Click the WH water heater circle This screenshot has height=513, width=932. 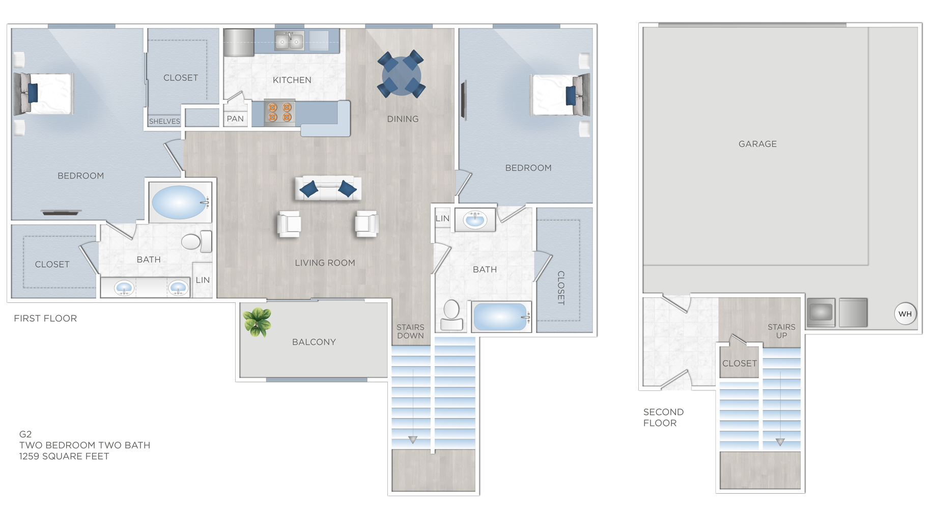[x=905, y=313]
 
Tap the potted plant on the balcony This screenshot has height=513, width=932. [x=257, y=322]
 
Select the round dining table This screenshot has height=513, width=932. [x=401, y=75]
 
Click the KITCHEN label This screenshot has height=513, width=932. [x=292, y=80]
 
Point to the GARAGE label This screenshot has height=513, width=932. [x=757, y=144]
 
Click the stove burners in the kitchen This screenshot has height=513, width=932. [x=279, y=112]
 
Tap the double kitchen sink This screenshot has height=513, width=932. [x=289, y=41]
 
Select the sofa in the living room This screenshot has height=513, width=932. [x=328, y=189]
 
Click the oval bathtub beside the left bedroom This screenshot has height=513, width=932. [x=179, y=202]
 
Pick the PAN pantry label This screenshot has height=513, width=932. [x=235, y=119]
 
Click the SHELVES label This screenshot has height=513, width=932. [x=164, y=121]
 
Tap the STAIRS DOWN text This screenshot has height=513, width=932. [x=410, y=331]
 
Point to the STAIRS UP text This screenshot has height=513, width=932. [x=781, y=331]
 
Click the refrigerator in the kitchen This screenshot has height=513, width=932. [x=238, y=42]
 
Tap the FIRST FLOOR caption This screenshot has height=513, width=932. [x=45, y=319]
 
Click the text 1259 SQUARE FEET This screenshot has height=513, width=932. [x=64, y=457]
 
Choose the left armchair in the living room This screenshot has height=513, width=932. [x=289, y=224]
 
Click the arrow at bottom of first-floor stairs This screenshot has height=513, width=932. [x=412, y=440]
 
